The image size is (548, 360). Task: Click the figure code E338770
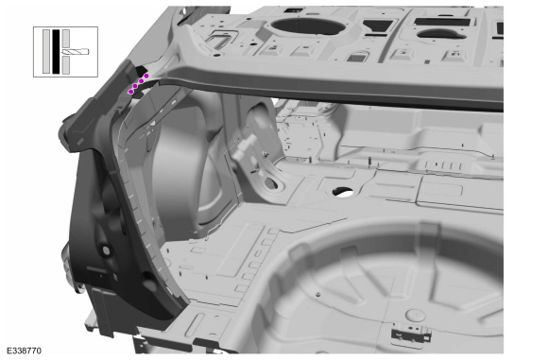coord(25,351)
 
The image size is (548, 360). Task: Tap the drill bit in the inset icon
coord(76,52)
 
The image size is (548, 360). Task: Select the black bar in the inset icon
coord(56,52)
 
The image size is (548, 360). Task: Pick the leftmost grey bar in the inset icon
coord(46,52)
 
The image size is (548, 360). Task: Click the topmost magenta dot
coord(146,76)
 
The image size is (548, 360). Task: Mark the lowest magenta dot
coord(130,92)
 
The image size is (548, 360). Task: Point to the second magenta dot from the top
coord(142,81)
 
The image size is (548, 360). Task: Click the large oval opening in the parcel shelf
coord(308,26)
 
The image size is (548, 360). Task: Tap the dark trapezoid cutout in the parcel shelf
coord(379,26)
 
